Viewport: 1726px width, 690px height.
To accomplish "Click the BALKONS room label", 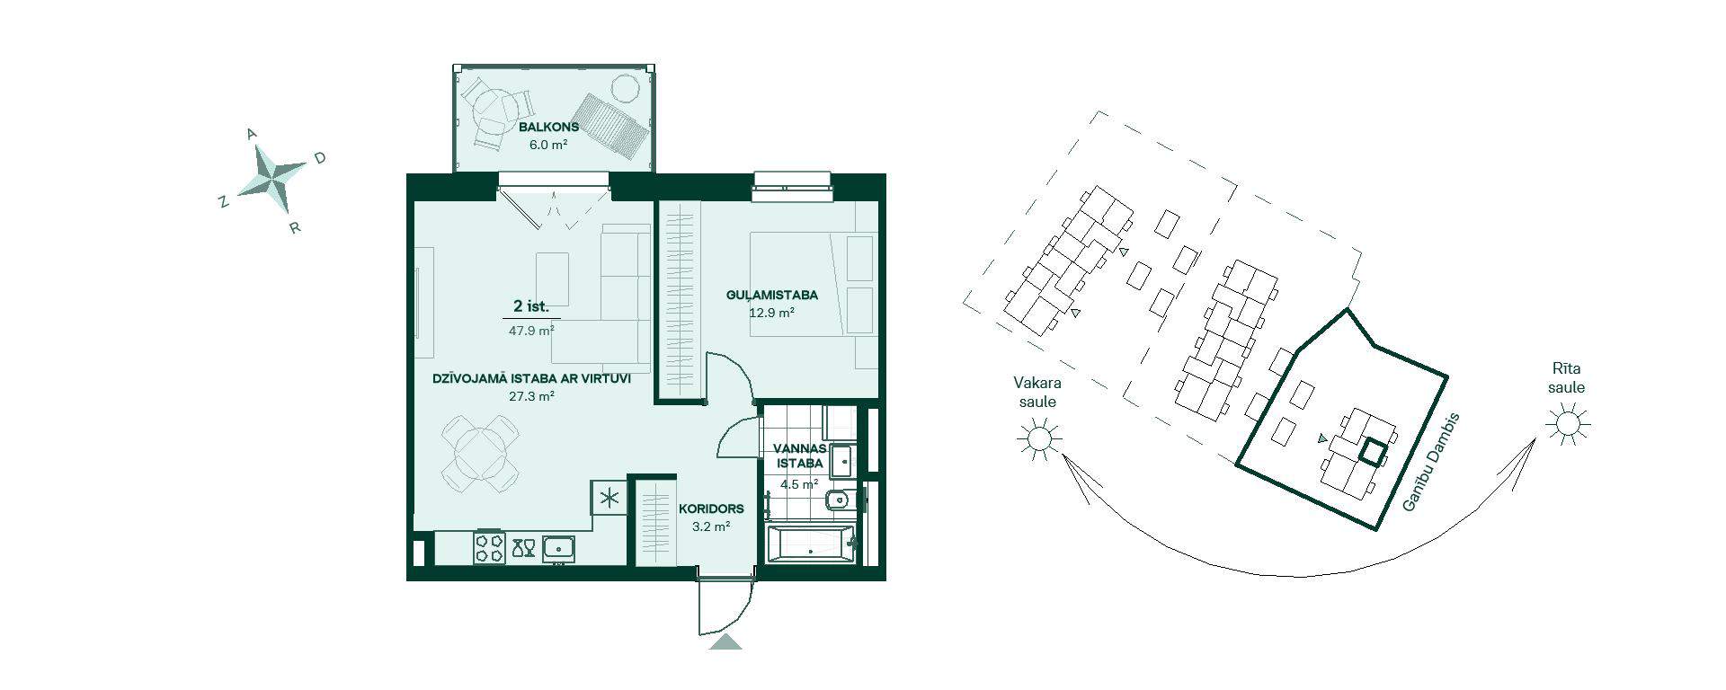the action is click(x=548, y=127).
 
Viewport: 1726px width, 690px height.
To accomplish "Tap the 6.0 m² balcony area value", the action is click(x=548, y=144).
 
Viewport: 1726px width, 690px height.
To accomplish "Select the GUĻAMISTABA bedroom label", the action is click(x=771, y=296).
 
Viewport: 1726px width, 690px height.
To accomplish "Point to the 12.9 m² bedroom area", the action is click(x=771, y=314).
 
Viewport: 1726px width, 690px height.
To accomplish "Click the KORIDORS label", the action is click(x=711, y=509).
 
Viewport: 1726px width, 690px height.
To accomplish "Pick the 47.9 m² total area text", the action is click(x=531, y=331).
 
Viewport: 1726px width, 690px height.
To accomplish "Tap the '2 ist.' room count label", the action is click(x=531, y=307).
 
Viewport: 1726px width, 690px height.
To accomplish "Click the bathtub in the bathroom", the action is click(x=810, y=546).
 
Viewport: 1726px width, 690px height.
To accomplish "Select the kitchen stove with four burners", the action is click(x=491, y=547).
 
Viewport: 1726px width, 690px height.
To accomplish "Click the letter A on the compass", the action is click(x=252, y=134).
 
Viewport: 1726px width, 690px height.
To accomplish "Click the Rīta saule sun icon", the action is click(x=1568, y=423).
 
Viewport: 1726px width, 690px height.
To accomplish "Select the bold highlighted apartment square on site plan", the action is click(x=1372, y=452).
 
